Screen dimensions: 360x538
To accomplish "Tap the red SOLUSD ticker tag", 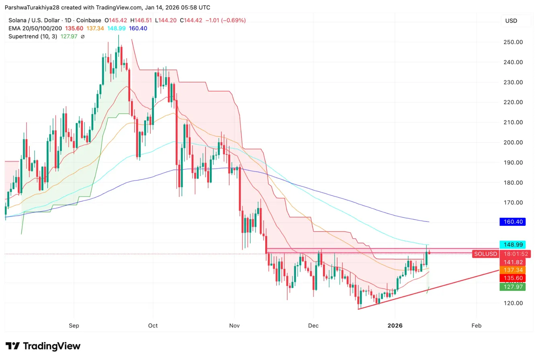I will (x=485, y=254).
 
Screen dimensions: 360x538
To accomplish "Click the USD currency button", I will (x=511, y=21).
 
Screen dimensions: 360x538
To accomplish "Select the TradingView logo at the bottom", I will (x=43, y=346).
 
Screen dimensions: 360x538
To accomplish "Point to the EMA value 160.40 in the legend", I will (x=139, y=28).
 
